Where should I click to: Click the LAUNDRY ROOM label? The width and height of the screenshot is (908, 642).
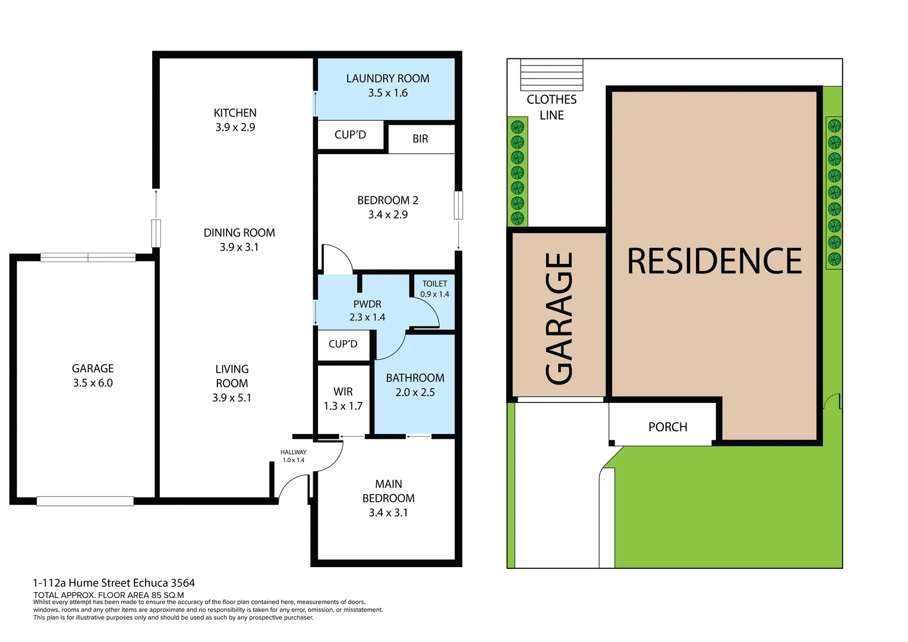tap(387, 78)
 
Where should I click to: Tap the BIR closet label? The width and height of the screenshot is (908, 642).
tap(420, 139)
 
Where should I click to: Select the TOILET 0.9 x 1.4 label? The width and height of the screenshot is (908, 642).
tap(434, 289)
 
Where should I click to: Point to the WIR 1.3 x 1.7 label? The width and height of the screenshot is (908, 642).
tap(343, 399)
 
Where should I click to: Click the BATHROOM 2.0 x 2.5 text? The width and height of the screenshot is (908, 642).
tap(415, 385)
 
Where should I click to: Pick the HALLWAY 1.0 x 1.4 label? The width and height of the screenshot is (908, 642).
tap(294, 456)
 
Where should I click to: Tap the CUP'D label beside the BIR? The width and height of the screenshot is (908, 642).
tap(350, 135)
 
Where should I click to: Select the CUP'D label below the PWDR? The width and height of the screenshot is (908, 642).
tap(343, 344)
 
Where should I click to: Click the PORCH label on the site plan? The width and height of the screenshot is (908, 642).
tap(667, 427)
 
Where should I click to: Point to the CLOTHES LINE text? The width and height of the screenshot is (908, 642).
tap(551, 108)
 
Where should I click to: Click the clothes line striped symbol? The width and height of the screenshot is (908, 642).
tap(551, 74)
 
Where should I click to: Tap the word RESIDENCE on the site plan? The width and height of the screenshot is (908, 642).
tap(714, 262)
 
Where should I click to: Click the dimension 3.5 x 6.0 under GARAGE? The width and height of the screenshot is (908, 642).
tap(93, 383)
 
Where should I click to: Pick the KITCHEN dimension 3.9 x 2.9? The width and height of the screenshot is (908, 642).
tap(235, 127)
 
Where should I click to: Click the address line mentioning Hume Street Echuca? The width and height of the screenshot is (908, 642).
tap(114, 583)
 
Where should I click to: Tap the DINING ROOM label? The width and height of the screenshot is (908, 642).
tap(239, 233)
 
